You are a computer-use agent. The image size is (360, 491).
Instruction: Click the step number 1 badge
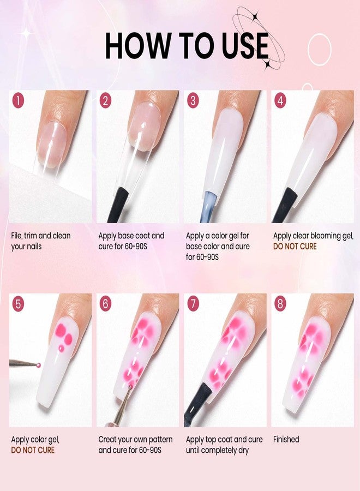point(19,100)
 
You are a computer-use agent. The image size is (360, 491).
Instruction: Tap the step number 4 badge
point(280,100)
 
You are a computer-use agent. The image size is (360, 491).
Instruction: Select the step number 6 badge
point(105,304)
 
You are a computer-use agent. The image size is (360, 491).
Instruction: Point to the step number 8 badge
point(280,304)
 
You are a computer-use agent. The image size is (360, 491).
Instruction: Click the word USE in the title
point(242,46)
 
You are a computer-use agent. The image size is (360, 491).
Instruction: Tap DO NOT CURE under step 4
point(295,246)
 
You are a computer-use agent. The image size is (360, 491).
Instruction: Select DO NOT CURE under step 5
point(33,450)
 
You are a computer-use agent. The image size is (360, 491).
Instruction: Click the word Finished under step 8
point(286,439)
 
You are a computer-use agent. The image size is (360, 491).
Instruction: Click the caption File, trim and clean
point(41,236)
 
